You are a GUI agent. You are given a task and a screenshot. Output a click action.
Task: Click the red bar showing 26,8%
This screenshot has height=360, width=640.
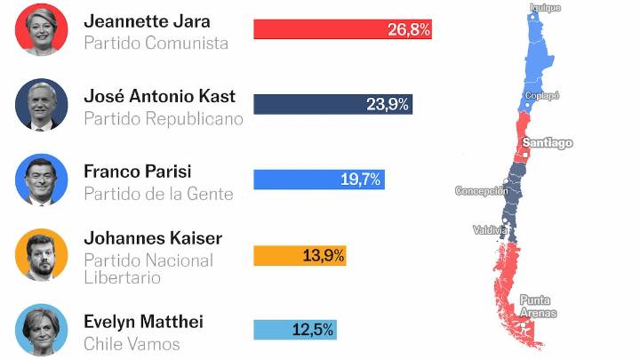[x=342, y=29]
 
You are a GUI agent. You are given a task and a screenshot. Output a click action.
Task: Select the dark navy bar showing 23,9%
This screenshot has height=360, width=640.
[x=332, y=104]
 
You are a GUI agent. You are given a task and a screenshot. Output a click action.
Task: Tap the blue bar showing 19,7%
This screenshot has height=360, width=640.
[x=318, y=180]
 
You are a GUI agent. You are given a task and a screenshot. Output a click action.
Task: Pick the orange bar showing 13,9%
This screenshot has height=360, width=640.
[x=300, y=255]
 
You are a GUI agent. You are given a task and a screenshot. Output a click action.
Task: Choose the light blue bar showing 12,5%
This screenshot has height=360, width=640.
[x=294, y=330]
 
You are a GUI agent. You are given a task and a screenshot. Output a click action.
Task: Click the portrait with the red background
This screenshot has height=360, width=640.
[x=42, y=29]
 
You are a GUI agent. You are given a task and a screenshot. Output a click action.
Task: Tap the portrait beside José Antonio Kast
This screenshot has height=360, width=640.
[x=42, y=105]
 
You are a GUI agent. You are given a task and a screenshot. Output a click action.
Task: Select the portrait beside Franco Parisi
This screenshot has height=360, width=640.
[x=42, y=180]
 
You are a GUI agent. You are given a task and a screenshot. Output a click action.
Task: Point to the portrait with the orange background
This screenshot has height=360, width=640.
[x=42, y=255]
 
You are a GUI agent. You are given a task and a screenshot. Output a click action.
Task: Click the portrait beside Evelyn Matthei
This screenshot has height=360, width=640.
[x=42, y=330]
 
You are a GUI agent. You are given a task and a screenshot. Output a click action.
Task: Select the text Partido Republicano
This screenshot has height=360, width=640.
[x=163, y=118]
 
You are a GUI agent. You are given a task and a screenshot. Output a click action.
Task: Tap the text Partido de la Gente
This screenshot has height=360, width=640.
[x=158, y=193]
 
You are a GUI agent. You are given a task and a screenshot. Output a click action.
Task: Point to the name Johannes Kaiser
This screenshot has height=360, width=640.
[x=152, y=238]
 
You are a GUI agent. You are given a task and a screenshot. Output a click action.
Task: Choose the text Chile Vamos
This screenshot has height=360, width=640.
[x=132, y=344]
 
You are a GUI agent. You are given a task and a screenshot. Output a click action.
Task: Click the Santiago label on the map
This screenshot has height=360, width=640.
[x=547, y=143]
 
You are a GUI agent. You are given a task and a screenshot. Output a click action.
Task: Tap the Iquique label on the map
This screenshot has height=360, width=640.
[x=546, y=8]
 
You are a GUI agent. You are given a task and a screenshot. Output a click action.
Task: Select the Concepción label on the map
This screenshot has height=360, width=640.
[x=481, y=191]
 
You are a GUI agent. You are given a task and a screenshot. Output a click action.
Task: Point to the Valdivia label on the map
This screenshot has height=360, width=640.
[x=490, y=230]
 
